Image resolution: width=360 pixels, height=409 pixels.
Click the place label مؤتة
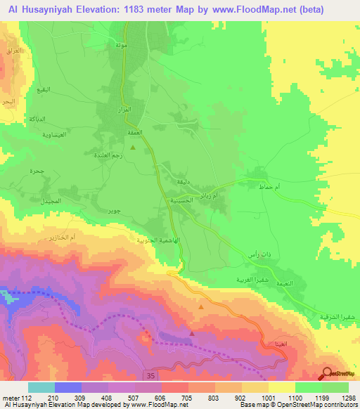tap(121, 44)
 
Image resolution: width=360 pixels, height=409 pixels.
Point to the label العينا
tap(269, 344)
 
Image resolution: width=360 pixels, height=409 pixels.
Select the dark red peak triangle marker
tap(191, 335)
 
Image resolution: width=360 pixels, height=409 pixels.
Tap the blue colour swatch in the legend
tap(68, 387)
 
